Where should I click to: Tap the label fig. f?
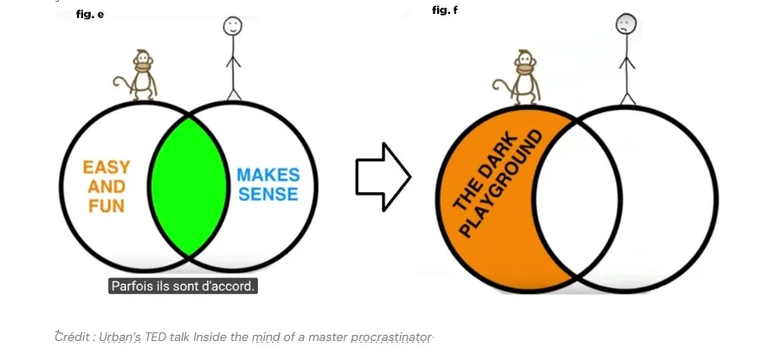[x=445, y=10]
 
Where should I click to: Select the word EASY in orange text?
[x=106, y=167]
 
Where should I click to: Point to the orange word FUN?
[x=106, y=206]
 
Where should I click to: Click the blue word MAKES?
[x=268, y=176]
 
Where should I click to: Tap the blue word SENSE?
[x=268, y=195]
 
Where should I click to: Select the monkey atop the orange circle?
[x=523, y=77]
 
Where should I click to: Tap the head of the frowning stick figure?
[x=627, y=25]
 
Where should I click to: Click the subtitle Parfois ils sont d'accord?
[x=183, y=286]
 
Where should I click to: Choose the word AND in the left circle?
[x=106, y=187]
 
